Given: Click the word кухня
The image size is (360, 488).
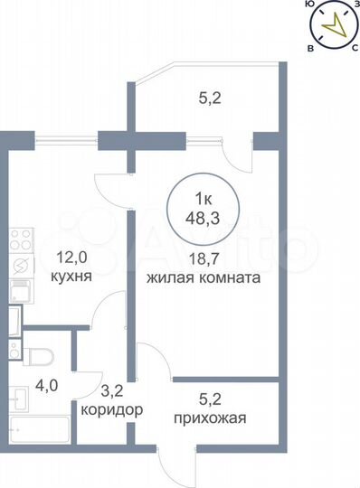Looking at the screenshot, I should (x=71, y=279).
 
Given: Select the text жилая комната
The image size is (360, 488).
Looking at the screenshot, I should (x=205, y=279).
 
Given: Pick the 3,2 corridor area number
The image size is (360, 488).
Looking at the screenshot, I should (x=110, y=391).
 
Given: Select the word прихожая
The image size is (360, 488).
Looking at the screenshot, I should (x=208, y=418).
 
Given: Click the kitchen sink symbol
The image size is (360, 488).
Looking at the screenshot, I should (x=20, y=290).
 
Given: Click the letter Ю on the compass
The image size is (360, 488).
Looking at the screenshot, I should (x=310, y=5).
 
